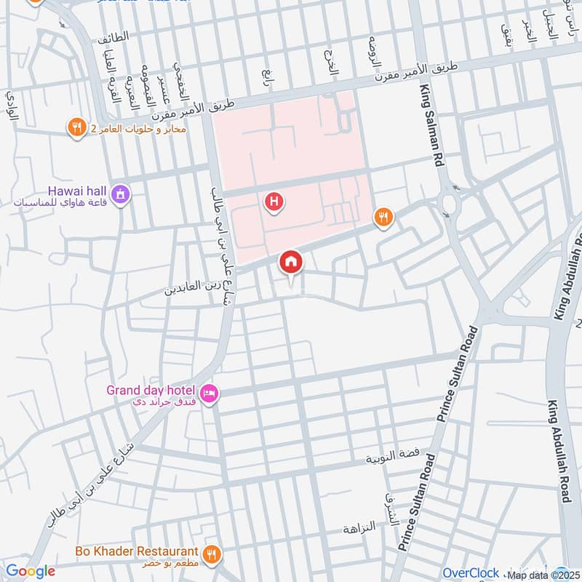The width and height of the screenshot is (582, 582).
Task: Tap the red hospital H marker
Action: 274,201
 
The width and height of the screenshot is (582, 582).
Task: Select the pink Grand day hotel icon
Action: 209,393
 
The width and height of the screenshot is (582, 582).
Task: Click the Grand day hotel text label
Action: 151,390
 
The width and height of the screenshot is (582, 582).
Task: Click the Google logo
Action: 30,571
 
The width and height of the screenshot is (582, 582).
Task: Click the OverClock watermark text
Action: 471,573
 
